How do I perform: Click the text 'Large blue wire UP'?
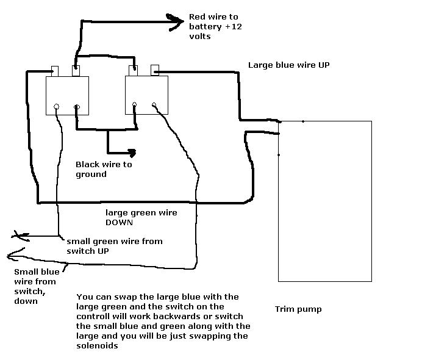tap(288, 65)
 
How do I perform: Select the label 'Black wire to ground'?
tap(104, 169)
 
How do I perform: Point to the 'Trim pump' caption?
tap(298, 309)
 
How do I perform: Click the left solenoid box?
tap(68, 95)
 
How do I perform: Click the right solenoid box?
tap(146, 95)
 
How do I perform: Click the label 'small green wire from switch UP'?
tap(115, 245)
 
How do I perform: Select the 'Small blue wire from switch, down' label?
tap(35, 286)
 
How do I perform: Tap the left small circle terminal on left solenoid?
tap(56, 107)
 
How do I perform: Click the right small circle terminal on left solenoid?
tap(77, 108)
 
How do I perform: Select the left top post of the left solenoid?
tap(54, 71)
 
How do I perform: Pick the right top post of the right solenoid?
tap(155, 70)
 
